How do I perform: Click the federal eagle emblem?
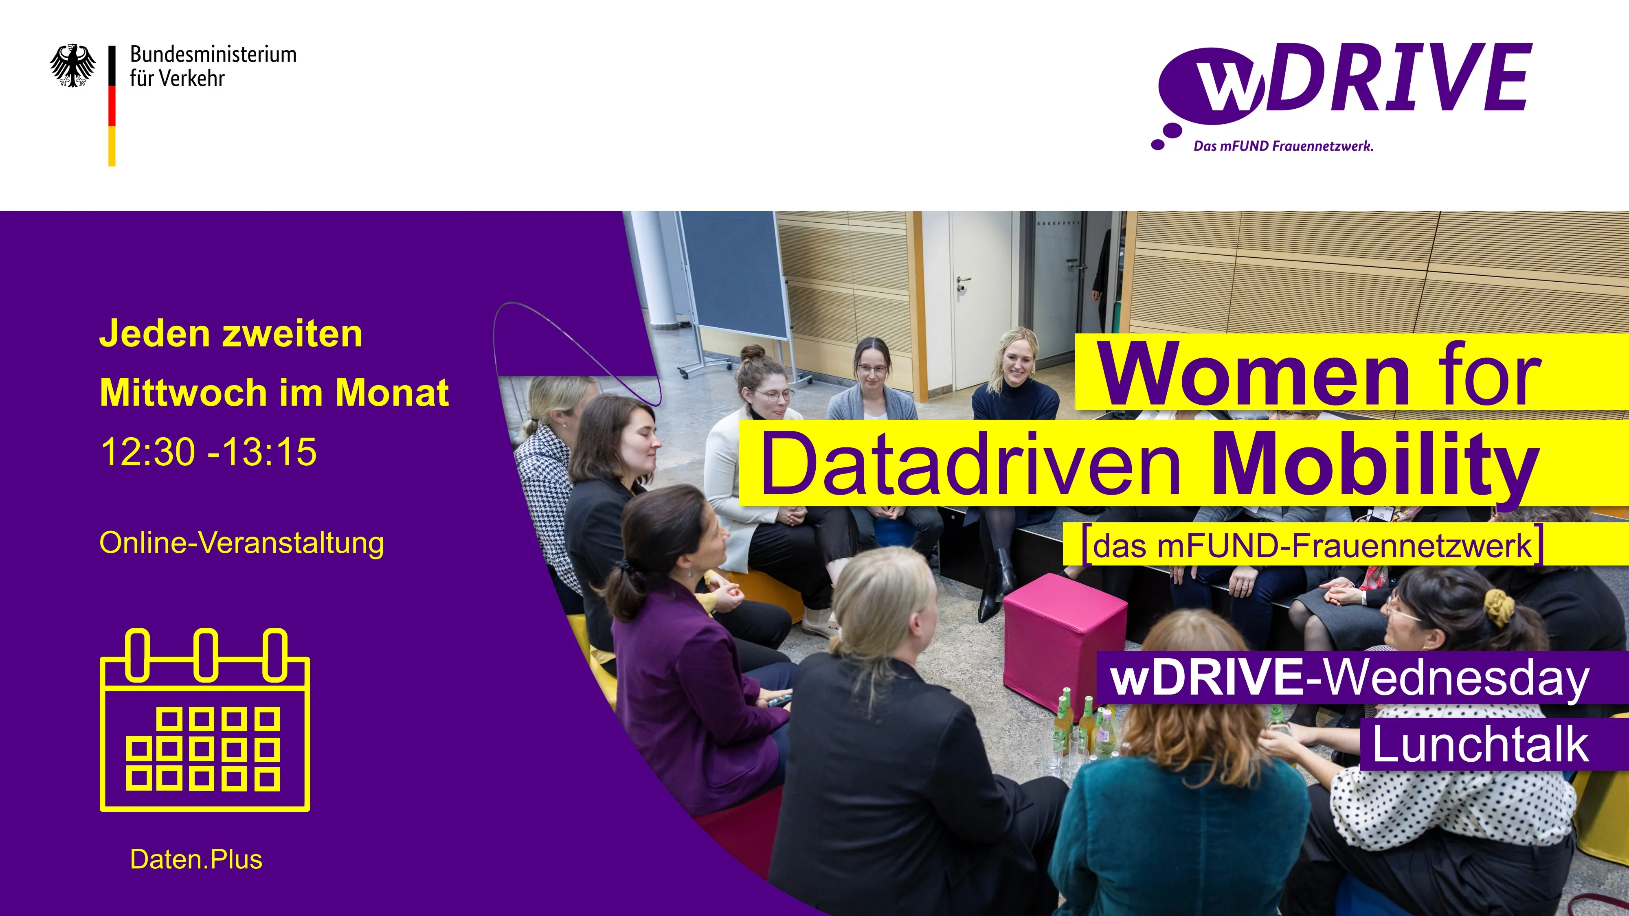pos(73,65)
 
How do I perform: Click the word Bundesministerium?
pos(213,55)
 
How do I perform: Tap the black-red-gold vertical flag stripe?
pos(112,105)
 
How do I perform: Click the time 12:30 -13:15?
pos(208,452)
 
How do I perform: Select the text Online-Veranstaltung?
pos(241,543)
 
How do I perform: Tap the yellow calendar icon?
pos(205,721)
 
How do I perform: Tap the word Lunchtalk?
pos(1480,745)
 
